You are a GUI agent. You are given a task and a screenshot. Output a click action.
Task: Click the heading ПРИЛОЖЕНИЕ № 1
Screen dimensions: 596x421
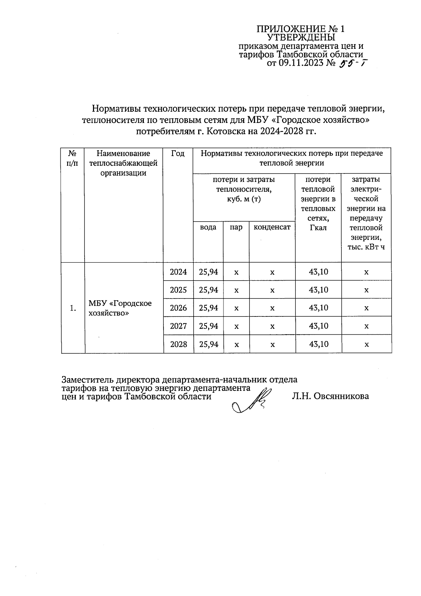click(301, 29)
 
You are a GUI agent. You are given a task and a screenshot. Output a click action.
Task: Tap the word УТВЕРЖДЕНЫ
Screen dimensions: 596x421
click(301, 38)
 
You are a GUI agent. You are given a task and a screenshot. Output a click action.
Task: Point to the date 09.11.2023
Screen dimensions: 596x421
click(300, 63)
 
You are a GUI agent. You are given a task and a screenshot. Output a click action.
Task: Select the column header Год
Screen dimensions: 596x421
click(178, 153)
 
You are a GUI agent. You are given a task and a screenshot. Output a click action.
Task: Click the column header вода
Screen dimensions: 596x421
click(208, 227)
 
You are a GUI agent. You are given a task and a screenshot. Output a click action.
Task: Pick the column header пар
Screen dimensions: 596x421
click(236, 227)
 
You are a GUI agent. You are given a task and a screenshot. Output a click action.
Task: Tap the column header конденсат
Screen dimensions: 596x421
click(272, 227)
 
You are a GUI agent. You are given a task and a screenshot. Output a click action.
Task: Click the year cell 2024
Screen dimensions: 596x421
click(179, 271)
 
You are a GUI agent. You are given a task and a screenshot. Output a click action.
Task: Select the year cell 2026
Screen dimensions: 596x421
click(179, 308)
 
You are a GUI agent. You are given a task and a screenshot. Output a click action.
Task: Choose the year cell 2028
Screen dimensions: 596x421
click(179, 344)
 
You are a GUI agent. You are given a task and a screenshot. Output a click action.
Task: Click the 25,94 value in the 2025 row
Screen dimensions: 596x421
click(208, 290)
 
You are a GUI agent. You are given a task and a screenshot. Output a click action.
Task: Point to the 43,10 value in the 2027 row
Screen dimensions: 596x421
click(319, 326)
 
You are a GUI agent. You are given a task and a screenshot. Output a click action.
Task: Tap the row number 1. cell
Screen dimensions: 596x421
click(73, 308)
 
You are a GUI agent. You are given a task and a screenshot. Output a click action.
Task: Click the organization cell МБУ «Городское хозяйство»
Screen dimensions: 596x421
click(120, 308)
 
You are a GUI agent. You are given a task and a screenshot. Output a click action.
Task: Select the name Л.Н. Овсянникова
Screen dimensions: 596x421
click(330, 397)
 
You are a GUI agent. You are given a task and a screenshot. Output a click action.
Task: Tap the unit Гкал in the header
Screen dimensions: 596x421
click(319, 228)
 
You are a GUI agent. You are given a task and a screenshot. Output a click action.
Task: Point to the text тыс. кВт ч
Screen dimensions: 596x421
click(366, 247)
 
